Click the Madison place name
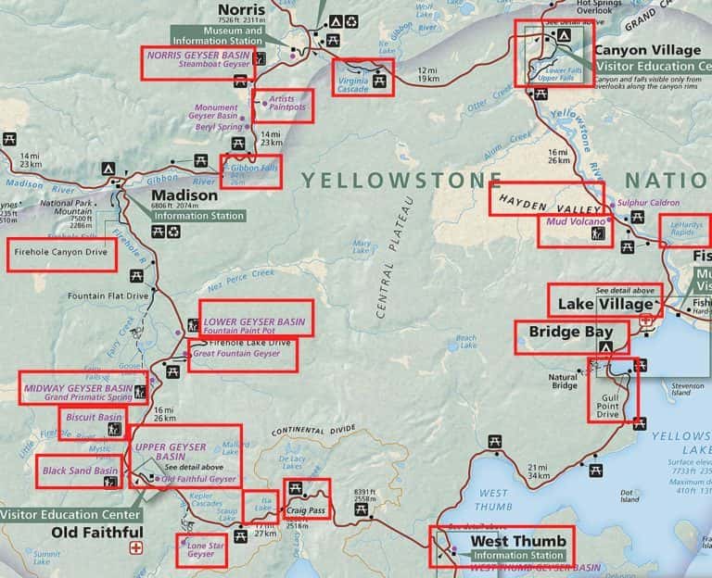point(184,196)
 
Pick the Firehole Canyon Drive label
point(58,252)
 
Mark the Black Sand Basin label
point(79,471)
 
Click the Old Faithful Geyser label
point(198,479)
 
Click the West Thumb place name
point(505,541)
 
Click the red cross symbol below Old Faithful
point(138,547)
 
